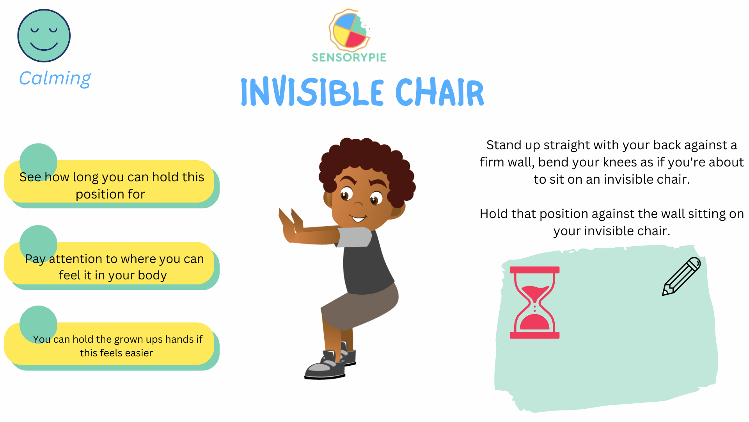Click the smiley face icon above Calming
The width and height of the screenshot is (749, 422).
click(x=44, y=36)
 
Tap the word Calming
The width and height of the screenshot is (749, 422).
click(x=55, y=79)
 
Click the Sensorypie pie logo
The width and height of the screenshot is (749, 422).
click(x=349, y=30)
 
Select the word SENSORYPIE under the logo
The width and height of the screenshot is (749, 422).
click(x=349, y=57)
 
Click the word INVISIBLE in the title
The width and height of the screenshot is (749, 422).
click(x=312, y=92)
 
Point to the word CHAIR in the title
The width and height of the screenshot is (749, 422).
click(x=440, y=92)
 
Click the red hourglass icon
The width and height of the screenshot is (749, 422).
click(x=534, y=302)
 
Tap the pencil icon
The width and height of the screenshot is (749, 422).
click(x=681, y=276)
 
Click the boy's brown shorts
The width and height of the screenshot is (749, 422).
click(x=359, y=307)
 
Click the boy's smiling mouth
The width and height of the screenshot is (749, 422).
click(x=358, y=218)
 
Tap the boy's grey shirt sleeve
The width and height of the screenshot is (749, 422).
click(x=354, y=237)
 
